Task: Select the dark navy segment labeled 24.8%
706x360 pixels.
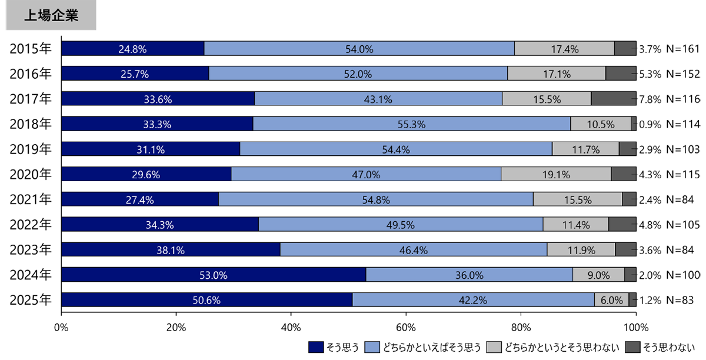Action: [132, 49]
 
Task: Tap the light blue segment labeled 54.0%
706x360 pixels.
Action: [359, 49]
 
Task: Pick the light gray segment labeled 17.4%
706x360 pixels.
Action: [564, 49]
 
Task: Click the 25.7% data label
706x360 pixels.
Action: [135, 74]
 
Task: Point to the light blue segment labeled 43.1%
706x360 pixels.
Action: [378, 99]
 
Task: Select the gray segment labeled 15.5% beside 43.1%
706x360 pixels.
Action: [547, 99]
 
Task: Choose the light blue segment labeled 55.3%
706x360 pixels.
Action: [411, 124]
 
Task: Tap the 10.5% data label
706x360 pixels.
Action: [601, 124]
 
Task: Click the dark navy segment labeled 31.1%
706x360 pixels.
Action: [151, 149]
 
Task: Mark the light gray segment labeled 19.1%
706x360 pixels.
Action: [556, 174]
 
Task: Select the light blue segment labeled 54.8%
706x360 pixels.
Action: [376, 199]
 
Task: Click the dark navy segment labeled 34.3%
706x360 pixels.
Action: [160, 225]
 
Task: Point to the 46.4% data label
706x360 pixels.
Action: [414, 250]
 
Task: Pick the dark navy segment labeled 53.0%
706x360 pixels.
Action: [214, 275]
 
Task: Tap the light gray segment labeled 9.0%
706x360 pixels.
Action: [598, 275]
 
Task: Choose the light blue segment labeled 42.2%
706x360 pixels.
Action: [473, 300]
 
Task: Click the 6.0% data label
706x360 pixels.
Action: [611, 300]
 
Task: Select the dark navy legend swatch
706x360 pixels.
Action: [316, 347]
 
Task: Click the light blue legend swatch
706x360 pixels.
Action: [372, 347]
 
